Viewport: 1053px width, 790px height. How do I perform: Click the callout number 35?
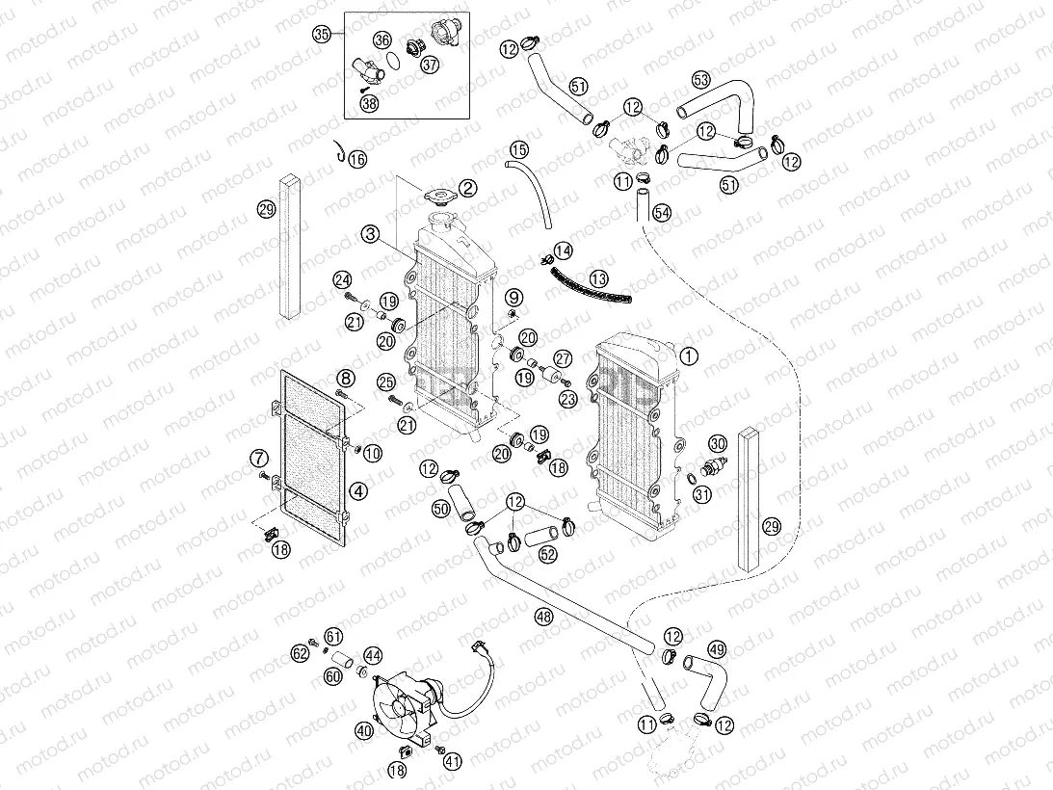pyautogui.click(x=322, y=34)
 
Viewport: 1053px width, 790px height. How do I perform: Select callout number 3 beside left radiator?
pyautogui.click(x=371, y=234)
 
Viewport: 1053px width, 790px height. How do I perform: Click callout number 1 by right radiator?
pyautogui.click(x=688, y=355)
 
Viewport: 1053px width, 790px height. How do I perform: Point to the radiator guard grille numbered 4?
pyautogui.click(x=308, y=453)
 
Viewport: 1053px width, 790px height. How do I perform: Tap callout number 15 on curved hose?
pyautogui.click(x=518, y=149)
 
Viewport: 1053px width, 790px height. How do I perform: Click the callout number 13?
pyautogui.click(x=599, y=278)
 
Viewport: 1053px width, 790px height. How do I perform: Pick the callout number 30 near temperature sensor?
pyautogui.click(x=718, y=444)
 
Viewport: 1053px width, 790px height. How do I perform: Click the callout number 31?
pyautogui.click(x=703, y=495)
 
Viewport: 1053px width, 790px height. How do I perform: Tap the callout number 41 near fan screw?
pyautogui.click(x=452, y=761)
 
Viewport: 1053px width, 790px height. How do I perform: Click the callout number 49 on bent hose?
pyautogui.click(x=718, y=649)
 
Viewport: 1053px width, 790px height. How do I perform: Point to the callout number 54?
pyautogui.click(x=662, y=211)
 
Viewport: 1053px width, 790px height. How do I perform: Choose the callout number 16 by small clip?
pyautogui.click(x=357, y=160)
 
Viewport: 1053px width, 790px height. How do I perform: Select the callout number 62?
pyautogui.click(x=301, y=654)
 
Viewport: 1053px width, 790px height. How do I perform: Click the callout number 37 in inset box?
pyautogui.click(x=429, y=65)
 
